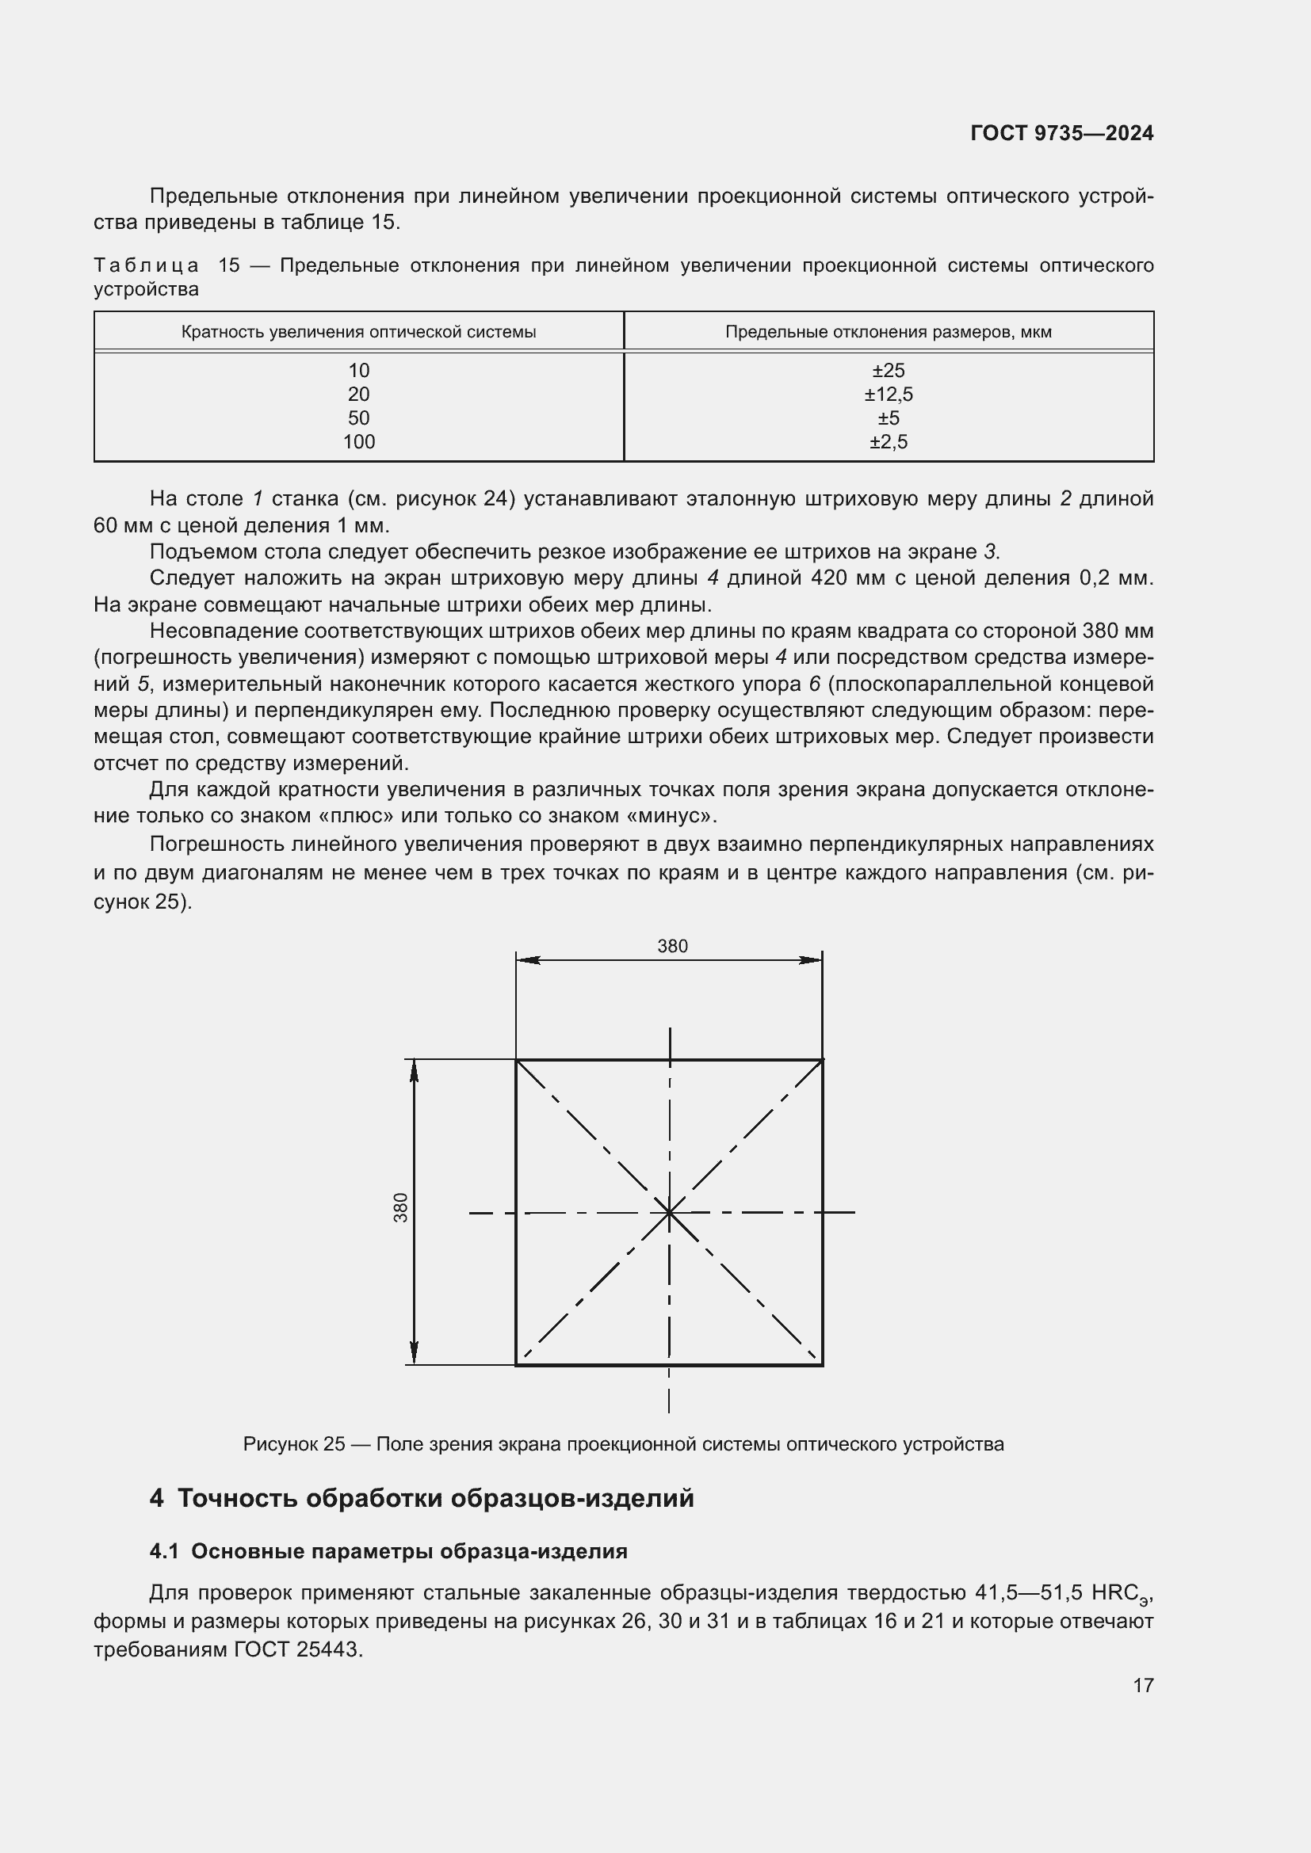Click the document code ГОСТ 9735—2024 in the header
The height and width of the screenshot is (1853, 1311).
tap(1061, 133)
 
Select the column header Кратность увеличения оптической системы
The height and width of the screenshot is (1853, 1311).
tap(358, 332)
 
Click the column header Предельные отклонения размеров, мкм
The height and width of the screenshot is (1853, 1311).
tap(888, 332)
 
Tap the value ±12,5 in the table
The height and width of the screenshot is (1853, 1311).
tap(888, 395)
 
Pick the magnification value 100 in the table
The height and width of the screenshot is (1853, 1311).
tap(358, 441)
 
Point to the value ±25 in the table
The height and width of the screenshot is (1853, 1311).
tap(888, 371)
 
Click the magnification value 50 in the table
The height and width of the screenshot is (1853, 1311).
tap(358, 418)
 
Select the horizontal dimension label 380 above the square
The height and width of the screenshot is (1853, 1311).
tap(671, 946)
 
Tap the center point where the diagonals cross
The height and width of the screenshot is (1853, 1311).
tap(669, 1212)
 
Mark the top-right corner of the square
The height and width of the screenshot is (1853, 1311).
tap(822, 1060)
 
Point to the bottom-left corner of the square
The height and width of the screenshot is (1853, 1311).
tap(517, 1365)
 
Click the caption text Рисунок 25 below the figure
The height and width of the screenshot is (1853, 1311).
tap(294, 1444)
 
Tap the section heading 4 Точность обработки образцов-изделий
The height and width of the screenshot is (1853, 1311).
tap(422, 1498)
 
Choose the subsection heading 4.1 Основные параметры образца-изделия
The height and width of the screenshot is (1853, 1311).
tap(388, 1551)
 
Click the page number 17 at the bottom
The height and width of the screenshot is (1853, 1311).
tap(1143, 1685)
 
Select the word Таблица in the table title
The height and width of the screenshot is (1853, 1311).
tap(146, 265)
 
